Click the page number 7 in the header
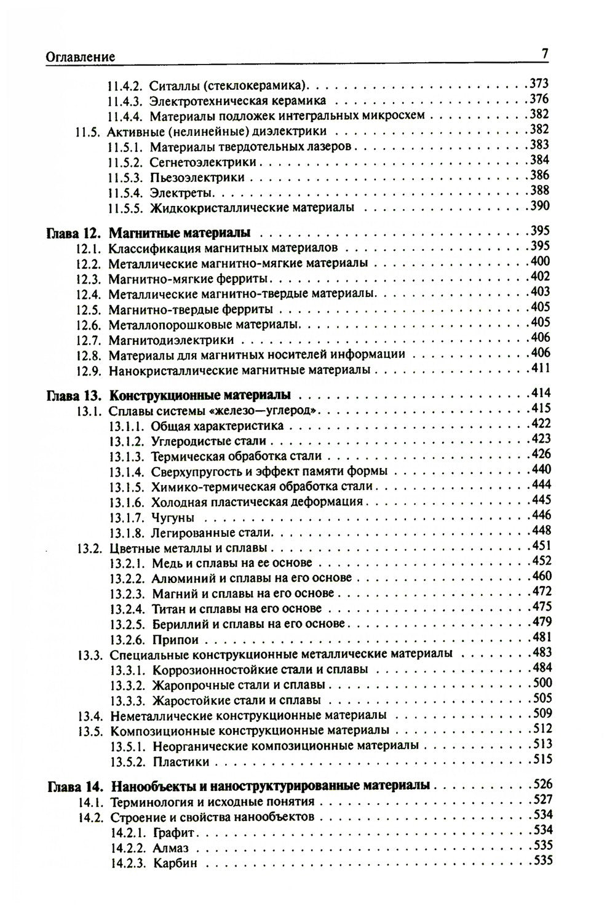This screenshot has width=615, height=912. (x=545, y=54)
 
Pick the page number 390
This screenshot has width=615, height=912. (x=539, y=206)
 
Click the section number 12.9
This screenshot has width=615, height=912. (x=88, y=370)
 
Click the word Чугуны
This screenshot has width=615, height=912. (x=173, y=517)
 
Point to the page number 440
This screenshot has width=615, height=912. (x=539, y=470)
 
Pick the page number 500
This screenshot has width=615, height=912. (x=539, y=683)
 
